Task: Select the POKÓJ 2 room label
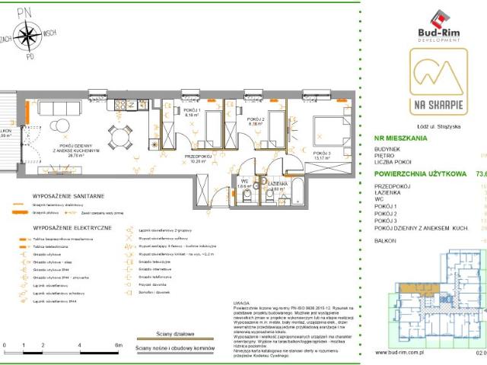click(256, 120)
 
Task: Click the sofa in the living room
click(59, 107)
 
